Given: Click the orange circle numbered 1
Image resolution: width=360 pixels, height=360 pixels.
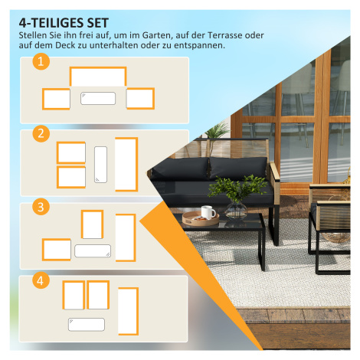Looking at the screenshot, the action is click(x=41, y=61).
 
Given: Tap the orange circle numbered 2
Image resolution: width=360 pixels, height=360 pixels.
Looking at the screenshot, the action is click(x=41, y=133).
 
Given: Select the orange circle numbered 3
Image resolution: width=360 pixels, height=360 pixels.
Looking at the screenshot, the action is click(x=41, y=207).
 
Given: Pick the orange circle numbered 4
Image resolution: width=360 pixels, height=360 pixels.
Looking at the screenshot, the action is click(x=41, y=280).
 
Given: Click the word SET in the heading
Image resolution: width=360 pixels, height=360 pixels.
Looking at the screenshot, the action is click(x=98, y=23).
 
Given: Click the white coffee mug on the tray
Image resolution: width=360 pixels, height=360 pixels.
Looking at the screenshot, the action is click(x=208, y=212).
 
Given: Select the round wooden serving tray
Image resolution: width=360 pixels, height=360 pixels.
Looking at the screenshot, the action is click(x=201, y=219).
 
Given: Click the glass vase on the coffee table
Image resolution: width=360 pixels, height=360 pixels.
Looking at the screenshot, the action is click(x=236, y=210).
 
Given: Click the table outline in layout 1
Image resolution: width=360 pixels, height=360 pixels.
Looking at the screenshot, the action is click(x=98, y=99).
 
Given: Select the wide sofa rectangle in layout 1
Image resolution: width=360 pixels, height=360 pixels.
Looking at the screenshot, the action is click(x=98, y=77).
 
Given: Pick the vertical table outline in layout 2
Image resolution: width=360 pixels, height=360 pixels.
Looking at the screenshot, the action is click(x=100, y=165).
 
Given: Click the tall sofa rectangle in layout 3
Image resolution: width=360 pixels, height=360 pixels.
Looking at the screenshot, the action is click(x=126, y=237).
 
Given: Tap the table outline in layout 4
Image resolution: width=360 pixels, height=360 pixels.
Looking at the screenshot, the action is click(x=87, y=325).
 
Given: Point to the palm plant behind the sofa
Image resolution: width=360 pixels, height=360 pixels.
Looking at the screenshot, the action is click(x=216, y=131).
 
